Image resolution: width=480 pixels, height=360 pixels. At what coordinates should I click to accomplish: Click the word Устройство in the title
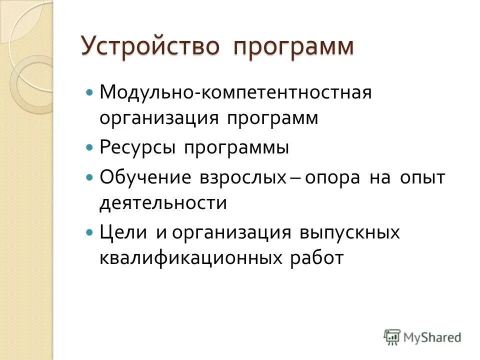tap(150, 46)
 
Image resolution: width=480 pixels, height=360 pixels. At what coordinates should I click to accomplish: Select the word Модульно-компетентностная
tap(229, 93)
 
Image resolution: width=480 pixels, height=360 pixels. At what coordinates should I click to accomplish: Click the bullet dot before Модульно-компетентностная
tap(90, 93)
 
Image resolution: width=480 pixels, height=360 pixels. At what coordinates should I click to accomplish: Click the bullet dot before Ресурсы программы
tap(90, 148)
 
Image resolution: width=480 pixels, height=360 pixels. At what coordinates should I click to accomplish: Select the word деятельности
tap(163, 202)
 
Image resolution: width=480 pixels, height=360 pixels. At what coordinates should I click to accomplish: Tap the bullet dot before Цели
tap(90, 232)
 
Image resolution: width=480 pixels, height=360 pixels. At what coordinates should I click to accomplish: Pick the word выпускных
tap(350, 233)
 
